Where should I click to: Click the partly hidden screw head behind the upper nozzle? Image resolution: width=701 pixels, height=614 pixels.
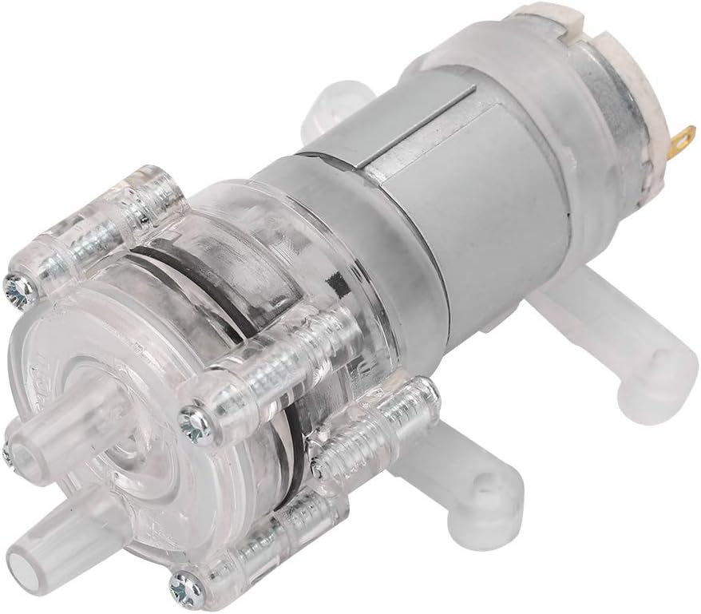tap(8, 456)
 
